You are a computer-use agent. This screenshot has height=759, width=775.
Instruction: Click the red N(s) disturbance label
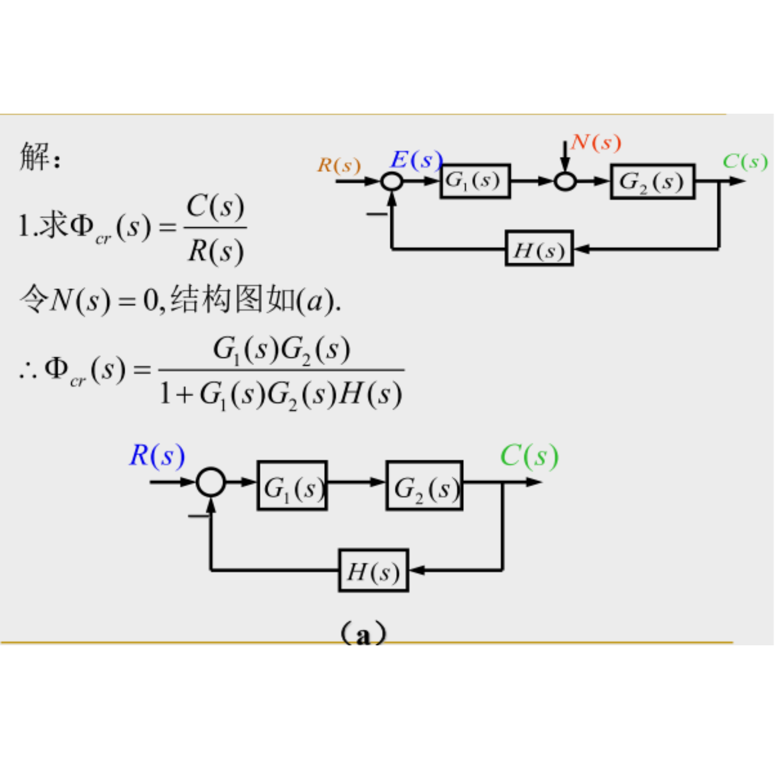[x=596, y=142]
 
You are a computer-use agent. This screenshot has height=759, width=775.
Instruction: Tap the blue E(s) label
[x=416, y=159]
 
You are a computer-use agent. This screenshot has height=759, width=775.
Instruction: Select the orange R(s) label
[x=339, y=165]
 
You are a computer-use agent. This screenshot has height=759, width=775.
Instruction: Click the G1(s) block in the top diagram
[x=475, y=181]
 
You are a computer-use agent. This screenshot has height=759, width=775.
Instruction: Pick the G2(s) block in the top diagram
[x=652, y=182]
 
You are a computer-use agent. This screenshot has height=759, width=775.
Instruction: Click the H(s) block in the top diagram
[x=539, y=249]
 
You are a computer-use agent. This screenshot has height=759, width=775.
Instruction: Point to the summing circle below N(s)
[x=565, y=181]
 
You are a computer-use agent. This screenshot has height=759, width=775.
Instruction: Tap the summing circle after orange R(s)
[x=392, y=181]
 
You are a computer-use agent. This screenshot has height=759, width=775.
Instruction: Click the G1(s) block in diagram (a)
[x=292, y=486]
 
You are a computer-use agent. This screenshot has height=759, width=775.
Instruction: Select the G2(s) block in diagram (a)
[x=424, y=486]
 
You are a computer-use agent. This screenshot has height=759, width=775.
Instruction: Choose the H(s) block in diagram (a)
[x=373, y=571]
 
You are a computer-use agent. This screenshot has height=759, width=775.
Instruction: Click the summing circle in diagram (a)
[x=210, y=482]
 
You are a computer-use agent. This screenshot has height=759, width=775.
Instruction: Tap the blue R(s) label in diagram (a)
[x=157, y=456]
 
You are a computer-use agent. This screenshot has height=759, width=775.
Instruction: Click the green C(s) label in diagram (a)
[x=529, y=456]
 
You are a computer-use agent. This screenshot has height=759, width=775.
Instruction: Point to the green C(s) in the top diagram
[x=745, y=162]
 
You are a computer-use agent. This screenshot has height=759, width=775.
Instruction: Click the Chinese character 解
[x=35, y=156]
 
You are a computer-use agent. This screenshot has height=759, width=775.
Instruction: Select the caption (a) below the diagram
[x=363, y=633]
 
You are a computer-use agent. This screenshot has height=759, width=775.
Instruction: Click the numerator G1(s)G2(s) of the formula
[x=281, y=350]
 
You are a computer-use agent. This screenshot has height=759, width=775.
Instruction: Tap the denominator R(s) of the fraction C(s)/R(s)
[x=216, y=251]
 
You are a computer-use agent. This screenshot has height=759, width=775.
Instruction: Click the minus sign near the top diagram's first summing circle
[x=376, y=214]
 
